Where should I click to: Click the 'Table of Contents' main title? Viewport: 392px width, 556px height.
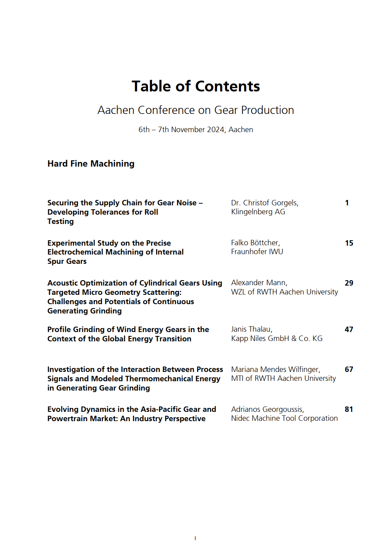[195, 86]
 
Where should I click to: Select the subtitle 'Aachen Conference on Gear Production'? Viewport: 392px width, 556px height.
[195, 110]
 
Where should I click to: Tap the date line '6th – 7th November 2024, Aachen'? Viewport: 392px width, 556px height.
[195, 129]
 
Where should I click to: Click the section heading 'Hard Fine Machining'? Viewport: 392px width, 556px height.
[91, 164]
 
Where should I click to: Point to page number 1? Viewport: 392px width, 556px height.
[347, 203]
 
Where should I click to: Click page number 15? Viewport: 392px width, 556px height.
[349, 243]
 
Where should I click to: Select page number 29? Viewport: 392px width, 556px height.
[349, 283]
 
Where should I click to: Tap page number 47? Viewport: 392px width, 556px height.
[349, 329]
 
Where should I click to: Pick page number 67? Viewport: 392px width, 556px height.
[349, 369]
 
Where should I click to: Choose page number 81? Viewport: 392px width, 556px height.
[349, 409]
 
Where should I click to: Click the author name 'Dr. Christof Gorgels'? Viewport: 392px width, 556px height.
[264, 203]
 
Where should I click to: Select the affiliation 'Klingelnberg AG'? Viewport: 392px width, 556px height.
[258, 212]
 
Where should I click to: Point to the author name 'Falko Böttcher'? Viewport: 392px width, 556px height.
[255, 243]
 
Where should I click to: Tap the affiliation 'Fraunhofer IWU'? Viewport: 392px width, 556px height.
[257, 251]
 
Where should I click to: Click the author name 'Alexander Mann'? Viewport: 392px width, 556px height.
[259, 282]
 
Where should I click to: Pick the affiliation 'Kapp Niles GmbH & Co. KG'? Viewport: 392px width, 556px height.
[277, 338]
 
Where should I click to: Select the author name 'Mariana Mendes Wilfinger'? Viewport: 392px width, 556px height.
[275, 369]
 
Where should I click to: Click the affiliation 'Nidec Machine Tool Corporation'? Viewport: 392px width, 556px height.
[284, 418]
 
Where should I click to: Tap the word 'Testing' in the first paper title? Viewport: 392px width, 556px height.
[60, 221]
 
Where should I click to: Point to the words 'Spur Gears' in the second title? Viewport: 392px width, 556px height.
[67, 261]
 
